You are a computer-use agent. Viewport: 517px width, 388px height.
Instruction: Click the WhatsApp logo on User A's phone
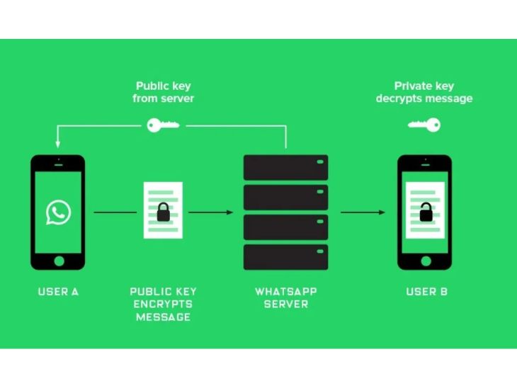tap(58, 212)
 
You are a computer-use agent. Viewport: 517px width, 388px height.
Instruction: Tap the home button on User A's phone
tap(59, 261)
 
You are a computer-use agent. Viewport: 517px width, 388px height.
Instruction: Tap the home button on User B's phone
tap(426, 261)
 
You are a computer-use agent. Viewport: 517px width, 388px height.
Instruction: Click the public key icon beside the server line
tap(163, 125)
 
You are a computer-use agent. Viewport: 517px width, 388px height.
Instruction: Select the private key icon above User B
tap(424, 125)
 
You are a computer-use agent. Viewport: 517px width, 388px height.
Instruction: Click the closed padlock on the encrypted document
tap(163, 212)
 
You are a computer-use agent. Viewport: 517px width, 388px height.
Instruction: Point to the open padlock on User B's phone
tap(426, 212)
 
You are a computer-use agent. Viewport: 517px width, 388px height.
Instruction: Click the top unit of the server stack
tap(286, 168)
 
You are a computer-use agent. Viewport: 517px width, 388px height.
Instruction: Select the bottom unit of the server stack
tap(286, 257)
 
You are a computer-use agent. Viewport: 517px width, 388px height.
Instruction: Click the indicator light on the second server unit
tap(320, 192)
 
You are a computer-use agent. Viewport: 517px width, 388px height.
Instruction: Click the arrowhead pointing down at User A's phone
tap(57, 144)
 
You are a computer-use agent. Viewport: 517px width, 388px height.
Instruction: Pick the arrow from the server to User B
tap(363, 212)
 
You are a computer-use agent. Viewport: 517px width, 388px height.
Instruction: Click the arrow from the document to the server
tap(210, 212)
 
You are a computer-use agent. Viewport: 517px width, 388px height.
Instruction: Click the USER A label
tap(58, 292)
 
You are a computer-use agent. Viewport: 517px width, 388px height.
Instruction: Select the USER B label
tap(426, 292)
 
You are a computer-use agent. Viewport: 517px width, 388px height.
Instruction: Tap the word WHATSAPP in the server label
tap(286, 292)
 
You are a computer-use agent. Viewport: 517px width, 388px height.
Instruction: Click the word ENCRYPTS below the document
tap(163, 304)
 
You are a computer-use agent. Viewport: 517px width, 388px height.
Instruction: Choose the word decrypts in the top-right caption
tap(399, 99)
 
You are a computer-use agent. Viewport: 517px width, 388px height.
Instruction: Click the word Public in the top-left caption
tap(151, 86)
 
